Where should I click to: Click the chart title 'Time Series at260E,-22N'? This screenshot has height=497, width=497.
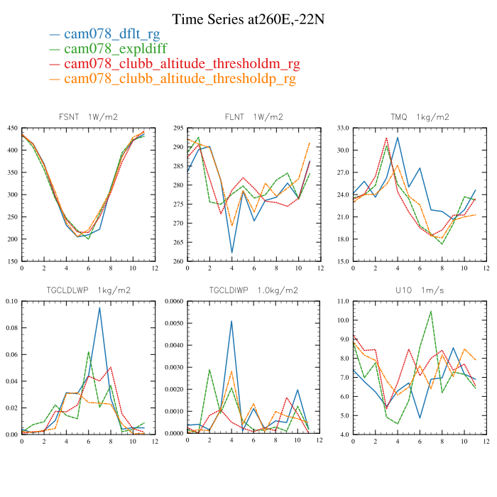pyautogui.click(x=248, y=19)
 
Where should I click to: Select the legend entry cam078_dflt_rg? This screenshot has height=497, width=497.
pyautogui.click(x=111, y=33)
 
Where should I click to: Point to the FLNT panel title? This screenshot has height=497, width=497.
pyautogui.click(x=253, y=117)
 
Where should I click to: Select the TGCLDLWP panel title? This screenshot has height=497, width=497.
pyautogui.click(x=89, y=290)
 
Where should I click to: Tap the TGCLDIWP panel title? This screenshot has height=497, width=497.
pyautogui.click(x=253, y=290)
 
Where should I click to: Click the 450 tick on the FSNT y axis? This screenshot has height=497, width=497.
pyautogui.click(x=13, y=129)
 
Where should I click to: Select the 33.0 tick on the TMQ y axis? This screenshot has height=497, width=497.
pyautogui.click(x=343, y=129)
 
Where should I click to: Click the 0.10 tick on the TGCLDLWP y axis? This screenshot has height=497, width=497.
pyautogui.click(x=11, y=301)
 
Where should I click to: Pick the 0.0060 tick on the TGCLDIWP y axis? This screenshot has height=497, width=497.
pyautogui.click(x=174, y=301)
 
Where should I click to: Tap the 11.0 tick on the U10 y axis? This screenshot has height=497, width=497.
pyautogui.click(x=343, y=301)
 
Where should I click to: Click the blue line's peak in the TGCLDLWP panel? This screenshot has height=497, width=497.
pyautogui.click(x=99, y=307)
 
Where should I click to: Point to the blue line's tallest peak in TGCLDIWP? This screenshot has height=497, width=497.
pyautogui.click(x=231, y=321)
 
